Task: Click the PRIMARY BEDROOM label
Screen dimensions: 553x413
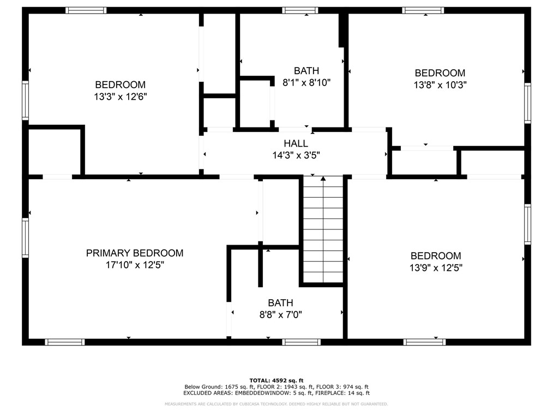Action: (x=135, y=253)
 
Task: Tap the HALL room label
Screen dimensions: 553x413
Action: (x=296, y=143)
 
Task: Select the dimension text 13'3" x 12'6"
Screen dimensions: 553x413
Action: (x=121, y=96)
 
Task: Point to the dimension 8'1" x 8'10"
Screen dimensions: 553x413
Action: (x=306, y=82)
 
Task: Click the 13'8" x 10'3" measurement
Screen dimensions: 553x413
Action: (x=440, y=85)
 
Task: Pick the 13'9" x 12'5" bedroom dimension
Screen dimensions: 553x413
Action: (x=436, y=268)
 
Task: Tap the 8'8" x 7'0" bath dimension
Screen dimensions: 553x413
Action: (x=281, y=314)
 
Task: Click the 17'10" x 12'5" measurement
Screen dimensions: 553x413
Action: (x=135, y=265)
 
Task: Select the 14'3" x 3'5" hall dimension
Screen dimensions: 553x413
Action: (x=296, y=155)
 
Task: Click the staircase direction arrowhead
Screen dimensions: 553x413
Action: (x=323, y=179)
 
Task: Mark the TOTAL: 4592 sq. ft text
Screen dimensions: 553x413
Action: (x=276, y=380)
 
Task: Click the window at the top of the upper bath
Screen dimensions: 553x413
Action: (x=300, y=10)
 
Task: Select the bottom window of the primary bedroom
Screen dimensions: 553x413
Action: (x=65, y=342)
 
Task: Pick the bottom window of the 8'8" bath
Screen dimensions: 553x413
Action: (x=301, y=342)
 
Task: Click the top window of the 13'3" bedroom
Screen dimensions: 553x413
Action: (x=86, y=10)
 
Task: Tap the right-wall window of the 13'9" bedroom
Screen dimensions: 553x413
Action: (x=527, y=224)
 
